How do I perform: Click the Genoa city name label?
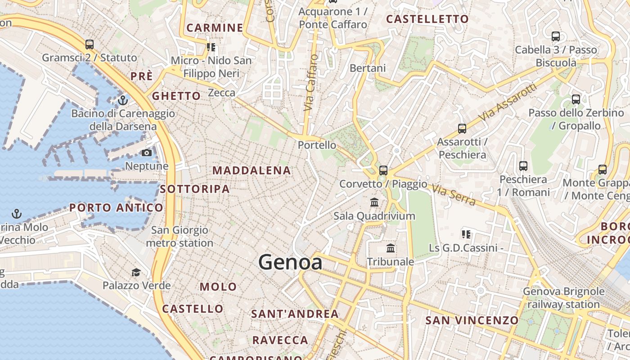290,262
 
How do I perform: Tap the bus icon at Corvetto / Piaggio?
383,171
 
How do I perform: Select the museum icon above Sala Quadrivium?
374,202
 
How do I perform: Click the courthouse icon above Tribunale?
391,248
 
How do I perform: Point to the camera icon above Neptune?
146,153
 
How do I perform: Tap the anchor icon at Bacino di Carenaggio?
122,100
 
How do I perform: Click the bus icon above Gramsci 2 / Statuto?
90,45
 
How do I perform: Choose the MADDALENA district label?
252,171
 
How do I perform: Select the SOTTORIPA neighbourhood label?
195,189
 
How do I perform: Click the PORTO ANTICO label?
116,207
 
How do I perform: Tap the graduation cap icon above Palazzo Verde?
136,272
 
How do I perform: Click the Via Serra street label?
454,195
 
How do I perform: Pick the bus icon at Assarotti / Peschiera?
462,129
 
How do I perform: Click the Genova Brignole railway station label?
563,298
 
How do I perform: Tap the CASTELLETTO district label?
427,19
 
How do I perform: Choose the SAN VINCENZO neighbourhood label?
472,320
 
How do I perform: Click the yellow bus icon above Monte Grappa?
603,170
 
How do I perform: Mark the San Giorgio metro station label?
180,237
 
